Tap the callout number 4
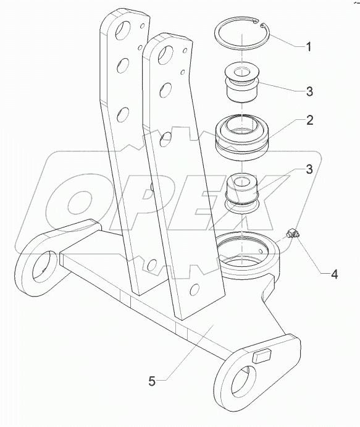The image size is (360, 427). [x=333, y=274]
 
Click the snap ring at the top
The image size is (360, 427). [x=241, y=34]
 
